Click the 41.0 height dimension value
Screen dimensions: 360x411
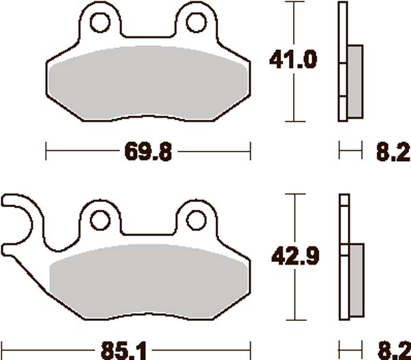tap(293, 60)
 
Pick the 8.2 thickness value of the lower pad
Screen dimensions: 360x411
tap(390, 348)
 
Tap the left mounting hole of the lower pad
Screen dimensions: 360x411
tap(101, 219)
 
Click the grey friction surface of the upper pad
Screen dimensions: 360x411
tap(148, 89)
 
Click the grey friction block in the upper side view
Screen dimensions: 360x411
tap(355, 81)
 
